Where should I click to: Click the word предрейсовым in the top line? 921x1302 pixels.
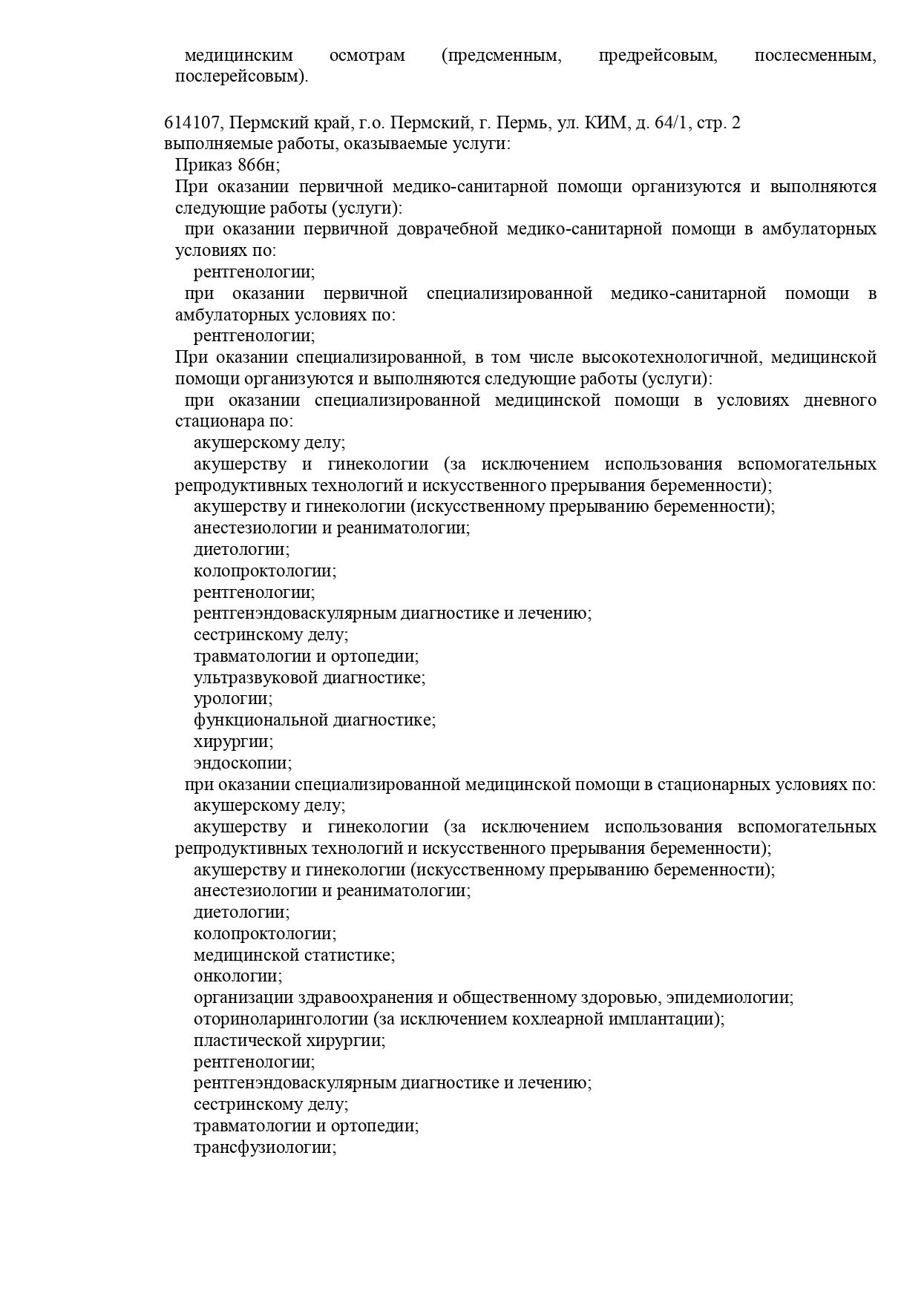pos(658,56)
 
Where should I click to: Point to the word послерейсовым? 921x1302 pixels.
pos(241,76)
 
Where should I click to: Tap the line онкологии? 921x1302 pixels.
pos(238,976)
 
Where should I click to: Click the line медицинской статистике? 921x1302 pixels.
pos(294,955)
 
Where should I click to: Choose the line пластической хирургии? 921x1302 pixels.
pos(289,1040)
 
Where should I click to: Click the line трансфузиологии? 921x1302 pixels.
pos(265,1147)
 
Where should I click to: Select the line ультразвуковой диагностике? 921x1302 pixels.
pos(309,677)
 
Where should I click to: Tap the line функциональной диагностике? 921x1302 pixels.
pos(315,720)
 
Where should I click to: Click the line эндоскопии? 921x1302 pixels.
pos(243,763)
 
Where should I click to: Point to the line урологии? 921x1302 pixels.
pos(233,699)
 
